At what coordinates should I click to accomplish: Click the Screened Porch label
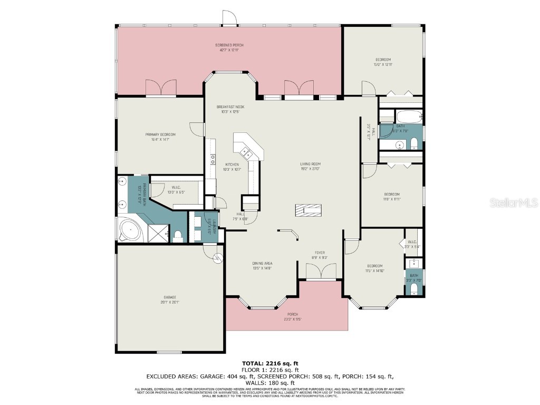[229, 47]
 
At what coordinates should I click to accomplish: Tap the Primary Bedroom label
[160, 137]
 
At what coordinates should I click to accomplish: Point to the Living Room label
[311, 166]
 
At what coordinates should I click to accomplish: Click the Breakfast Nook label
[230, 109]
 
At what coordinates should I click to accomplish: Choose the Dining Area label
[262, 266]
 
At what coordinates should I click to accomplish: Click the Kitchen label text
[232, 167]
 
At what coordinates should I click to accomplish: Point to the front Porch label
[293, 316]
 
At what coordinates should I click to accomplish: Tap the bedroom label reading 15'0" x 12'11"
[383, 62]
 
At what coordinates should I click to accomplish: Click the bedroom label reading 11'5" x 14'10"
[375, 268]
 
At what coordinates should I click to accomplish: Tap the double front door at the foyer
[321, 272]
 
